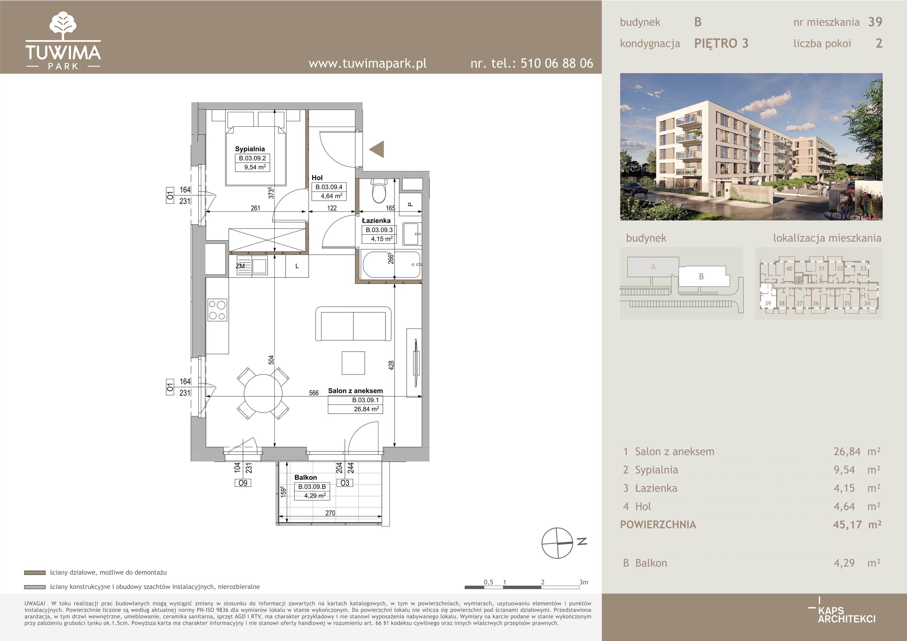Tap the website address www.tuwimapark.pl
(367, 63)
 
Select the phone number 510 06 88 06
(557, 63)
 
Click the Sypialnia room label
(250, 149)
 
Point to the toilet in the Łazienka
(379, 190)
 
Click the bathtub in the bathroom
(391, 265)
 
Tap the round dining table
(263, 393)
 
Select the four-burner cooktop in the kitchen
(217, 310)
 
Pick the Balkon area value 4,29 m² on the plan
(315, 496)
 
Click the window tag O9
(243, 483)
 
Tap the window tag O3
(345, 483)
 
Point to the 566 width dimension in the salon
(314, 393)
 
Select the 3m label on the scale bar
(584, 582)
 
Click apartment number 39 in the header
(875, 22)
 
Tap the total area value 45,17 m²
(857, 525)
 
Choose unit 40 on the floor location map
(789, 269)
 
